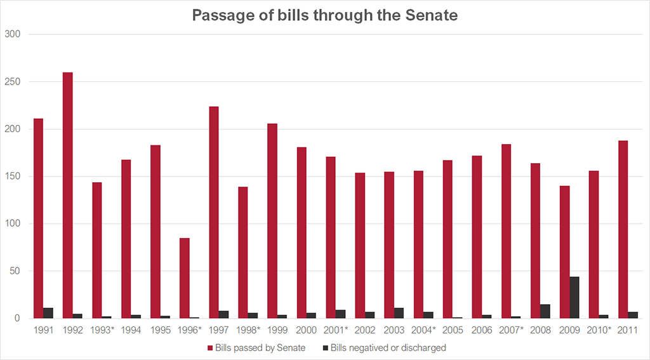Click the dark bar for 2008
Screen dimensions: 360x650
point(545,311)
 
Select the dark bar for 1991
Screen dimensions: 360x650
point(48,313)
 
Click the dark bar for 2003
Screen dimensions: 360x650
point(399,313)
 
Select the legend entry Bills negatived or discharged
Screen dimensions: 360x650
point(388,347)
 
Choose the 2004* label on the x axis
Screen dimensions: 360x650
point(423,330)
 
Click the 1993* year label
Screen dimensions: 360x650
point(102,330)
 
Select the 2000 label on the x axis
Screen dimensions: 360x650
point(307,330)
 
